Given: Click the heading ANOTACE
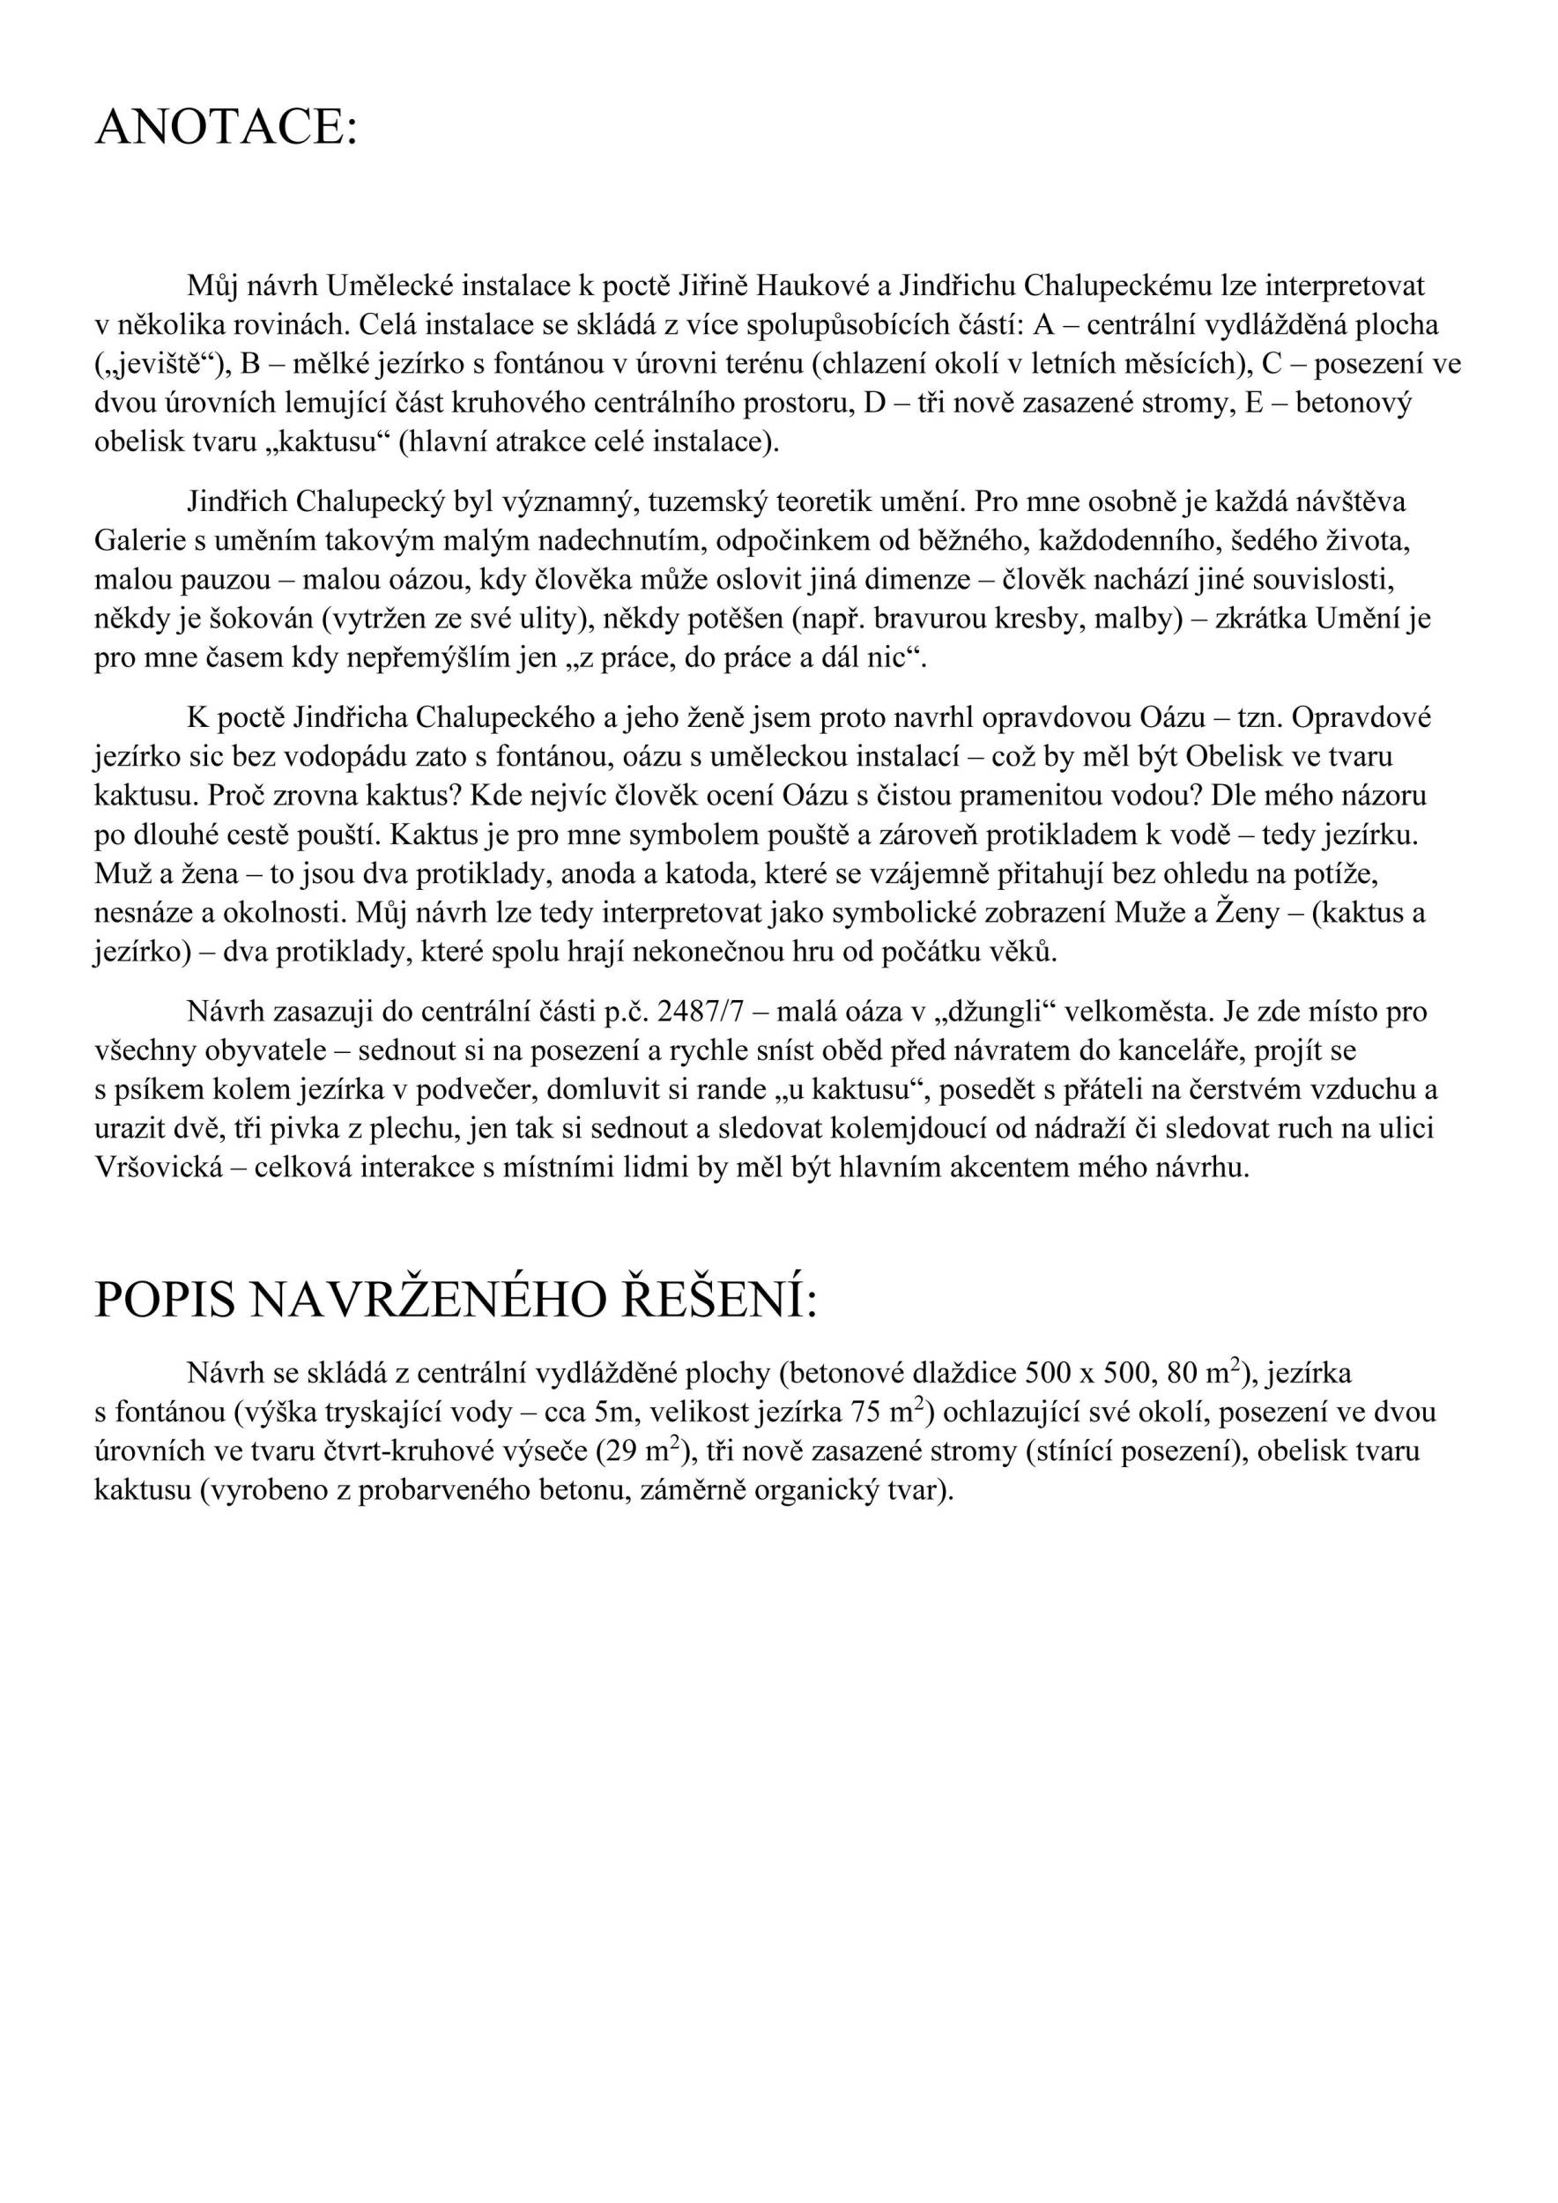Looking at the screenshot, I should (226, 128).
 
